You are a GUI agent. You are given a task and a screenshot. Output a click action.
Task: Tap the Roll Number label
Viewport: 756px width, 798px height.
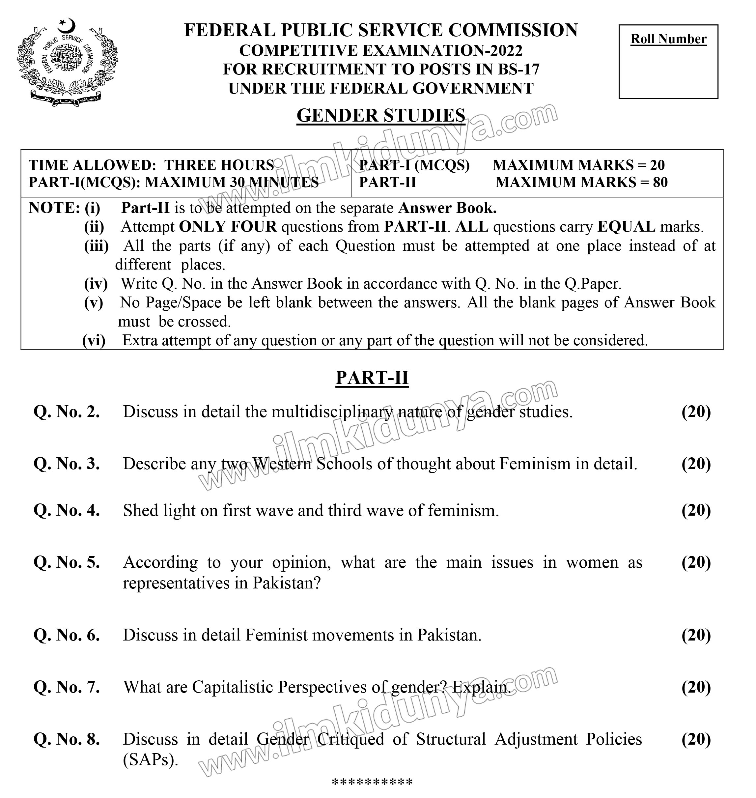(x=668, y=39)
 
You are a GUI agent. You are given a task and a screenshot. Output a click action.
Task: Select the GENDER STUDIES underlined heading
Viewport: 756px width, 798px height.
(x=381, y=116)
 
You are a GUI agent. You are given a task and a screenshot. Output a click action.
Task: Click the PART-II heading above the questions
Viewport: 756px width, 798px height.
(x=372, y=378)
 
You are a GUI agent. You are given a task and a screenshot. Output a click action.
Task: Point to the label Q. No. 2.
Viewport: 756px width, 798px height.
(x=67, y=412)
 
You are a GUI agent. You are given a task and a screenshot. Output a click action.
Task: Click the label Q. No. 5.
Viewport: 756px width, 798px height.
(x=67, y=562)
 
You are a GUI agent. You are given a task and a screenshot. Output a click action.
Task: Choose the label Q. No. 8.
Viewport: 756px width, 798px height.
(x=67, y=739)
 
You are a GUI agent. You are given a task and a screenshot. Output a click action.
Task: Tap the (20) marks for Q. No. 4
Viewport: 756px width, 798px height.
(x=696, y=511)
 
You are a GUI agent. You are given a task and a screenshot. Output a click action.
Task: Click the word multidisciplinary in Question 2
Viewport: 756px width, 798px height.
(x=332, y=412)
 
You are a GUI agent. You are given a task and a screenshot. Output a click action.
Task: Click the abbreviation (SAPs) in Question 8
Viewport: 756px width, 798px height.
(x=150, y=760)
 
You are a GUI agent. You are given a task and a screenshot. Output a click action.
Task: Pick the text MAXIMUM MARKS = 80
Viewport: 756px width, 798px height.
(x=581, y=183)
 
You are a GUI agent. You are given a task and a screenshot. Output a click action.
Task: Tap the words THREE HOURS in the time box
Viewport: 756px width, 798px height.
(x=219, y=165)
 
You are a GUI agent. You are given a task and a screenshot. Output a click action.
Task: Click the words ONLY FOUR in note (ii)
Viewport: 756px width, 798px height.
(x=228, y=227)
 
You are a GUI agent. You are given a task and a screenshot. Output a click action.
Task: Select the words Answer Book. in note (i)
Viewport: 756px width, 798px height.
(x=447, y=208)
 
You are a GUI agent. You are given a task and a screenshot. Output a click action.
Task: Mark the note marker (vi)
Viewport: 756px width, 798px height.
(x=94, y=341)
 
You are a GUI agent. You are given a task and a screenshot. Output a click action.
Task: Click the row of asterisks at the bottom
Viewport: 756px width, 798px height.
(x=372, y=783)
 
